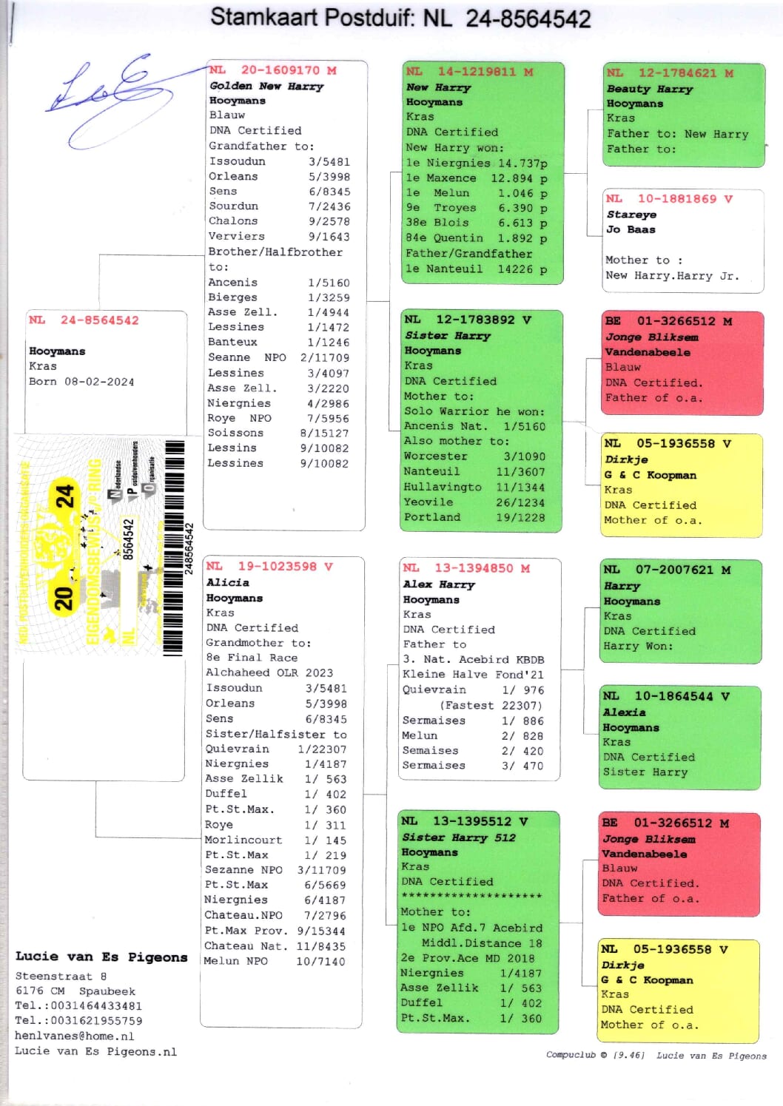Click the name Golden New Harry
(266, 86)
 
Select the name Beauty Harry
(649, 89)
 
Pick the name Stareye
(631, 215)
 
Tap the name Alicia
(227, 582)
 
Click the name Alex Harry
(439, 584)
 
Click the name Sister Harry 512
(458, 837)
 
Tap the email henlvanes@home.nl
(74, 1036)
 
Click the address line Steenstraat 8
(61, 976)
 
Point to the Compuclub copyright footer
(656, 1056)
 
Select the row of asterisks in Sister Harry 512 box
(471, 897)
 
